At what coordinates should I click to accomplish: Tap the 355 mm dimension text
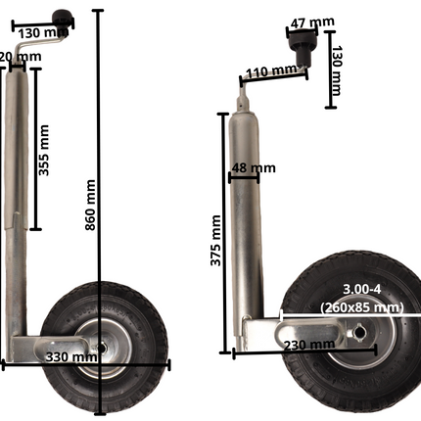click(x=44, y=150)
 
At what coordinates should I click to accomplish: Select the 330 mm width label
click(x=71, y=357)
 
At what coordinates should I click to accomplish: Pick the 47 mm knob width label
click(x=312, y=21)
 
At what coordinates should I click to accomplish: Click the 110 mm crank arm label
click(x=271, y=70)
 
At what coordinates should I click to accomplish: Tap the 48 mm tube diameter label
click(x=253, y=168)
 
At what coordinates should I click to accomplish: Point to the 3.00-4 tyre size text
click(x=361, y=288)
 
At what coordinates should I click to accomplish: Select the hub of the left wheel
click(x=101, y=345)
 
